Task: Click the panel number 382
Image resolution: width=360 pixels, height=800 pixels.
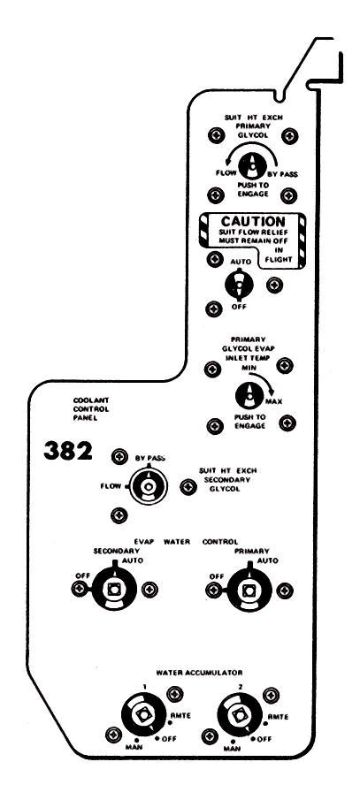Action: (68, 451)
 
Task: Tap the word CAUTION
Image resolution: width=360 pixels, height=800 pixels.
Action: (253, 221)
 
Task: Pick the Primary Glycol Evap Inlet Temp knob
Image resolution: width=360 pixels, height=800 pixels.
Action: (249, 395)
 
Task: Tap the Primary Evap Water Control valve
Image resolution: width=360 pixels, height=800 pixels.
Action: (249, 590)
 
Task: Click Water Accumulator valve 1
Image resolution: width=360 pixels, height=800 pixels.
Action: (142, 715)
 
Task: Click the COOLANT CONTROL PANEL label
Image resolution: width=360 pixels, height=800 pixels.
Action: (91, 409)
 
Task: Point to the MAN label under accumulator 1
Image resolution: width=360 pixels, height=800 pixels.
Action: (132, 747)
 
